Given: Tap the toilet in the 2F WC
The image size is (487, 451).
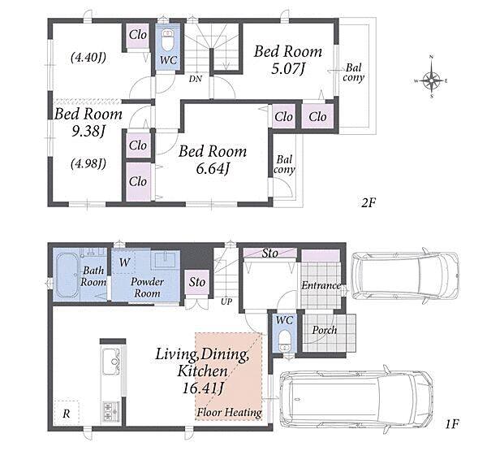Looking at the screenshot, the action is [x=168, y=40].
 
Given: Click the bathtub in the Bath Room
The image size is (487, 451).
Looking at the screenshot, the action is [x=67, y=275].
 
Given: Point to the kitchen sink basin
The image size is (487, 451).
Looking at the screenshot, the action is [x=111, y=362].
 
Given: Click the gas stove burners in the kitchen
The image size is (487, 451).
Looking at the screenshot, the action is [x=111, y=411].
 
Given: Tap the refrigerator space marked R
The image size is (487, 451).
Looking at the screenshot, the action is [x=67, y=414].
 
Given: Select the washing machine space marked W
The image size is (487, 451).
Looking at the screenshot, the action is [x=124, y=262].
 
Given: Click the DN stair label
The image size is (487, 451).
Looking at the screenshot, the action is [x=196, y=79].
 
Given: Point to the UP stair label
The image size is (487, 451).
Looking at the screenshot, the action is [x=226, y=301].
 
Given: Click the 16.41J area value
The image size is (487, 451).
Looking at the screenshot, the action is [x=203, y=388].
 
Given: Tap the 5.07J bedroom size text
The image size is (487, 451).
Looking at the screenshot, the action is [x=287, y=68].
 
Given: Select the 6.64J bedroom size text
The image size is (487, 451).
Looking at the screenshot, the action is [x=213, y=169].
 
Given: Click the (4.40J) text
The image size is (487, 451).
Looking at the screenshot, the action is [x=88, y=57].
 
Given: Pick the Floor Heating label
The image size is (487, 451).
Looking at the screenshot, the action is [x=230, y=413].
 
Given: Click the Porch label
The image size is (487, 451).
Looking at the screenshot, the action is [x=325, y=330].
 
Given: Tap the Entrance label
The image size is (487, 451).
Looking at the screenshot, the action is [x=321, y=285].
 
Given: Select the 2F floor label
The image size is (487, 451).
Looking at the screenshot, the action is [x=368, y=203].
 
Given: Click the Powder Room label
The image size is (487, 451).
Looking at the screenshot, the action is [x=147, y=288].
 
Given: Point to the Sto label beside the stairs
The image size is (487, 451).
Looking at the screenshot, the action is [x=197, y=282].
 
